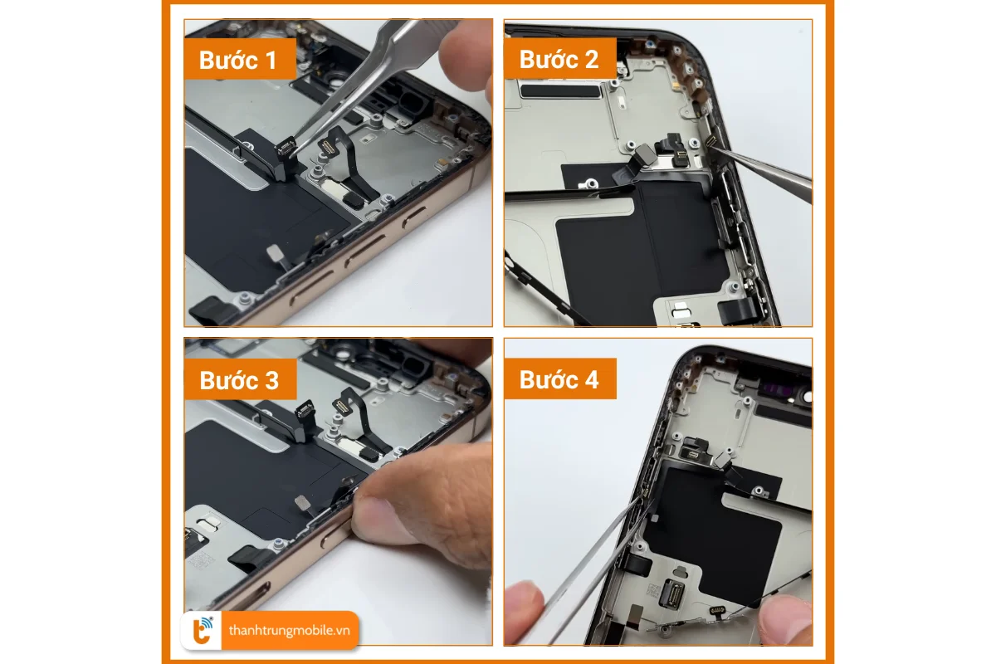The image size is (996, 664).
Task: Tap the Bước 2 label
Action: (x=559, y=60)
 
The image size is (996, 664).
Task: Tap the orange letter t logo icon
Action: (x=203, y=631)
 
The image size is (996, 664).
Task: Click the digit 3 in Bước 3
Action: (x=270, y=380)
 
